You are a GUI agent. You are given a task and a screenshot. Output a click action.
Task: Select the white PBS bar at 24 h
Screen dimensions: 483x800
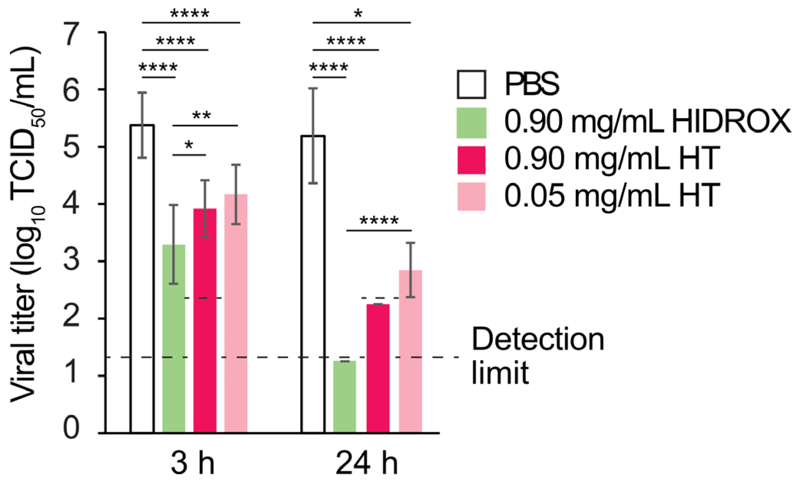(313, 284)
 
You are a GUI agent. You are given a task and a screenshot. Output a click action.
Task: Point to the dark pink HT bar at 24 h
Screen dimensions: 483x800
(378, 368)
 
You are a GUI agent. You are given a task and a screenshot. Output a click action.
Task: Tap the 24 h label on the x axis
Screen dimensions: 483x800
(366, 463)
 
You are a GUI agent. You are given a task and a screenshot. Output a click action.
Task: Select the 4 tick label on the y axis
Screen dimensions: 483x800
(72, 204)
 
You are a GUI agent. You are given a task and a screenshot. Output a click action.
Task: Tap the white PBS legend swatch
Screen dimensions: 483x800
(471, 84)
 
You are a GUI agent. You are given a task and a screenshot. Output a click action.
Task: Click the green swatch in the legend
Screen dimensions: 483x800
(471, 123)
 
